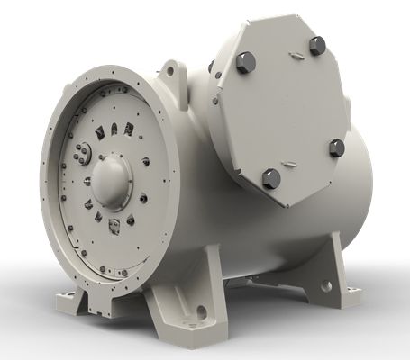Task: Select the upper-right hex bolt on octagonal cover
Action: coord(316,45)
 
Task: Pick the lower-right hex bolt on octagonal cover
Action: coord(335,147)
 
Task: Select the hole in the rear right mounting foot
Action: coord(325,286)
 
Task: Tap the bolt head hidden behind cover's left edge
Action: coord(212,66)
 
